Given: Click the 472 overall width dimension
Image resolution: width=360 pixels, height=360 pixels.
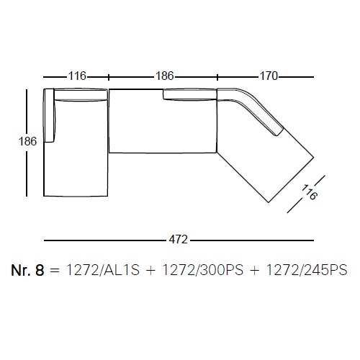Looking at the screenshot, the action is [178, 240].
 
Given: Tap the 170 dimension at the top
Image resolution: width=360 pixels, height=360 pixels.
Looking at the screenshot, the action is [269, 76].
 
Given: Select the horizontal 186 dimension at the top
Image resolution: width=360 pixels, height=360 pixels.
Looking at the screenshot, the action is [165, 76].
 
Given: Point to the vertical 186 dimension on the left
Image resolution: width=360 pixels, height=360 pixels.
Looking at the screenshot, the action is [27, 141].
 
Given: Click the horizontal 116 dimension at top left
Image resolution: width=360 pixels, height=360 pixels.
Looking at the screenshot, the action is [77, 76].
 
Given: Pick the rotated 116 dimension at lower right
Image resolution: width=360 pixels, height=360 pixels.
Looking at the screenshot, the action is [310, 192].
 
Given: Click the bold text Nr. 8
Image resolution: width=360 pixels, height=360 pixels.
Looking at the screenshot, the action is [27, 270].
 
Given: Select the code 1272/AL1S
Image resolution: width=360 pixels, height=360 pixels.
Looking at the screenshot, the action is [102, 270].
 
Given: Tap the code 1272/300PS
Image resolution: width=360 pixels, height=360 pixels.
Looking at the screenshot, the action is [203, 270].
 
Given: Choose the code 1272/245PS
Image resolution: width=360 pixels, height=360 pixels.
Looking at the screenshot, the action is [307, 270].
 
